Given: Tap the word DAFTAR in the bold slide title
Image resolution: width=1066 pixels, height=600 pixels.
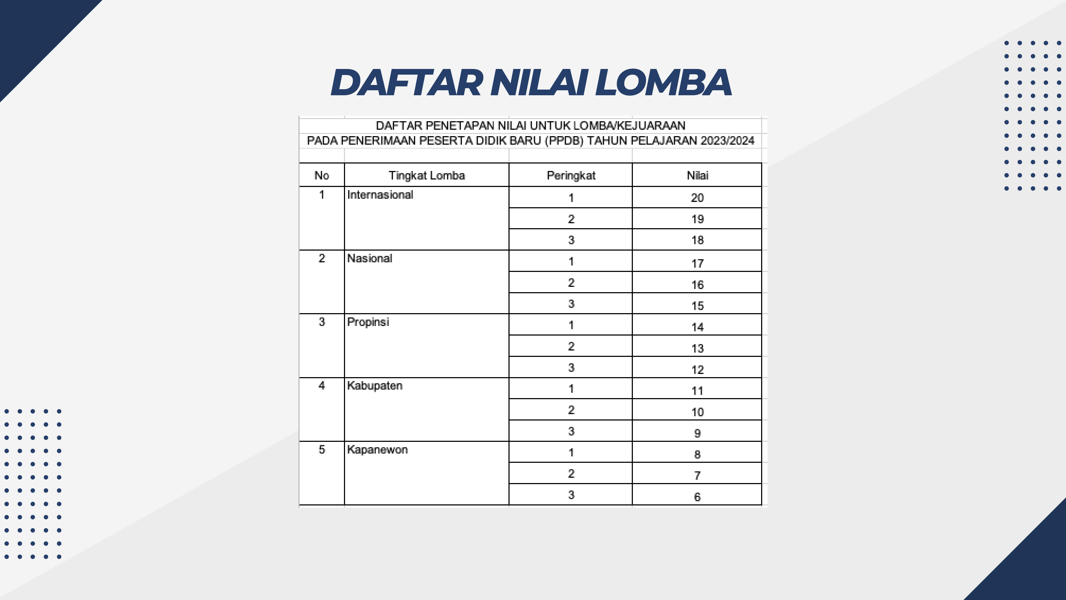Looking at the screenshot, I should (x=407, y=83).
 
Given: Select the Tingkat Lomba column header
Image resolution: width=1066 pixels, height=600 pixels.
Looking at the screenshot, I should (x=427, y=176).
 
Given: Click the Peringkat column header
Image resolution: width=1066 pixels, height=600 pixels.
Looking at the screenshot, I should (x=571, y=176).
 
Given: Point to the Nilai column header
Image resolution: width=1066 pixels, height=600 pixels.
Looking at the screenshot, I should (x=697, y=176).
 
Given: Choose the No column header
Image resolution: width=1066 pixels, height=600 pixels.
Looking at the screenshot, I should (x=322, y=176).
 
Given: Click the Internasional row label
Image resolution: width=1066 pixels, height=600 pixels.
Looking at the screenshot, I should (x=380, y=195).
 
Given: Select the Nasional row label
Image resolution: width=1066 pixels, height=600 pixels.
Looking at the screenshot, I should (x=370, y=258).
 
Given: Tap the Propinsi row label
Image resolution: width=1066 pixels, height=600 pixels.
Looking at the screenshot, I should (x=368, y=322).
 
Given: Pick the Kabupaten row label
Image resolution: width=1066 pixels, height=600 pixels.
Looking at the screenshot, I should (x=375, y=386).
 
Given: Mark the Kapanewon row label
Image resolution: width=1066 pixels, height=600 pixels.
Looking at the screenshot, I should (x=377, y=449).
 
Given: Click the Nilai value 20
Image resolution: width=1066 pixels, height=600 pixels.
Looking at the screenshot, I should (x=697, y=198).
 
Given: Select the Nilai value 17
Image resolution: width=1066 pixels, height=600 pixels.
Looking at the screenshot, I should (x=697, y=263).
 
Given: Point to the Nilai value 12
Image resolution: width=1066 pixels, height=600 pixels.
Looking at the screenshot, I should (x=697, y=370).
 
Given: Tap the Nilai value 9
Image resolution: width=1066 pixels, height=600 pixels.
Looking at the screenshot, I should (x=697, y=433).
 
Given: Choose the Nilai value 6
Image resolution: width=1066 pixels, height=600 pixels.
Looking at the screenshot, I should (x=697, y=497).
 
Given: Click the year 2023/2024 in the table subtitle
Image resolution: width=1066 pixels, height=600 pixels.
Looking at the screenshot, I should (x=727, y=141).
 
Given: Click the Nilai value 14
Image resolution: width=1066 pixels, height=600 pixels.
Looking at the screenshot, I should (x=697, y=327).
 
